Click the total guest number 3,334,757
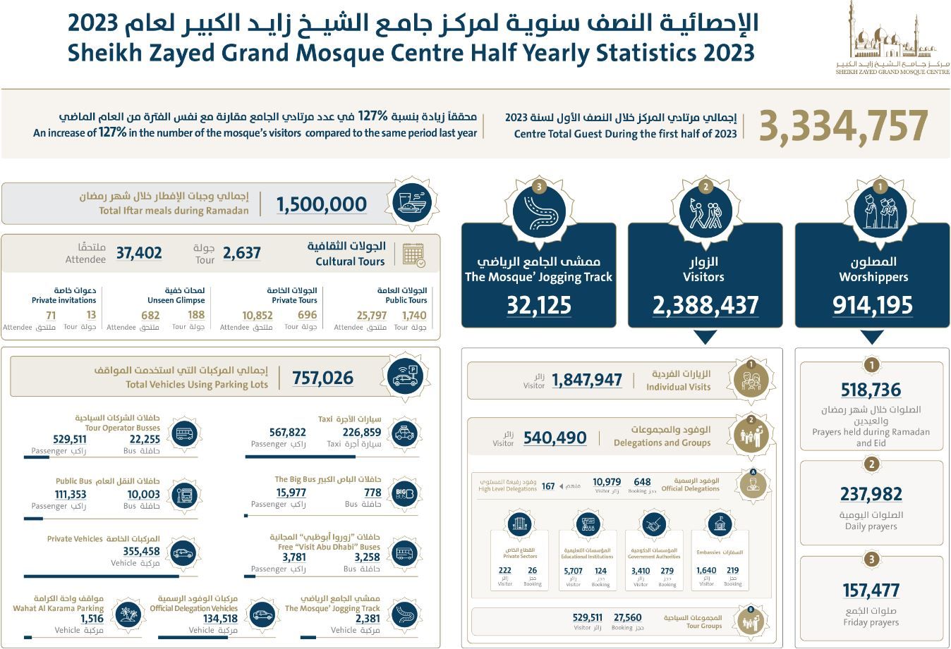pyautogui.click(x=843, y=125)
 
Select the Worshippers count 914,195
pyautogui.click(x=873, y=305)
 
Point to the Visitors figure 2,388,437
pyautogui.click(x=705, y=305)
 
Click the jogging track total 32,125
pyautogui.click(x=539, y=305)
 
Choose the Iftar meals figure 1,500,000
pyautogui.click(x=322, y=204)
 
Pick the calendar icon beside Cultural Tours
pyautogui.click(x=413, y=254)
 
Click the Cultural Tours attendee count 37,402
pyautogui.click(x=139, y=253)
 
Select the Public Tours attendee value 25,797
pyautogui.click(x=372, y=316)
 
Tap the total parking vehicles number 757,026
pyautogui.click(x=323, y=378)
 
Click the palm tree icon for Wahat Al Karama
pyautogui.click(x=126, y=614)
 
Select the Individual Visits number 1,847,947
pyautogui.click(x=587, y=380)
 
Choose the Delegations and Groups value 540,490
pyautogui.click(x=555, y=438)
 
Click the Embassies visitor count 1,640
pyautogui.click(x=706, y=571)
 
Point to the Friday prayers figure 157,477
pyautogui.click(x=871, y=591)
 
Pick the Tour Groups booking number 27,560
pyautogui.click(x=628, y=617)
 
